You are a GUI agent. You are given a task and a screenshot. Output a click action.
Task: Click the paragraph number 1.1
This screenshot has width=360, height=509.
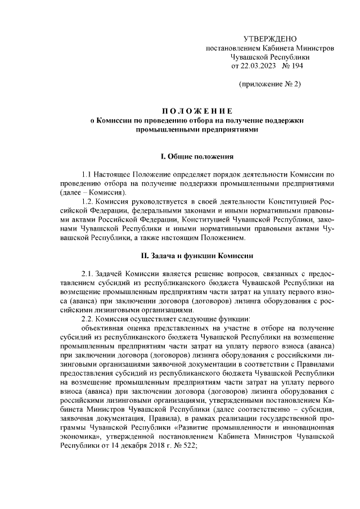[87, 174]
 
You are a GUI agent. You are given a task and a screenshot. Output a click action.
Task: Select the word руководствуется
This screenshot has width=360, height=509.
[161, 201]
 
